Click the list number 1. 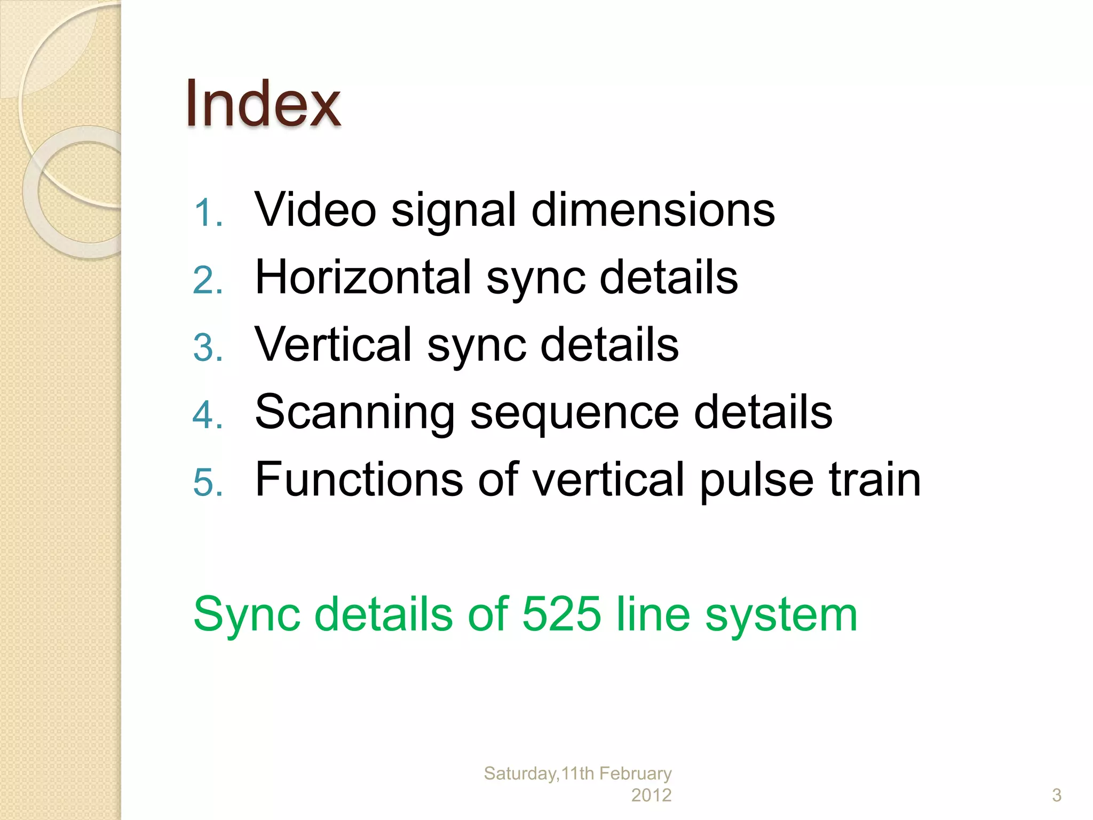[207, 213]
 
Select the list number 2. [207, 280]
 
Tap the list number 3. [207, 348]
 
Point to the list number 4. [207, 415]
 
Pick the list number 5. [207, 482]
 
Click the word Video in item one [315, 210]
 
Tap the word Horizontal [363, 277]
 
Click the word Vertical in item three [333, 344]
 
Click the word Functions [359, 479]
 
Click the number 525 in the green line [561, 614]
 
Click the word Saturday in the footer [520, 774]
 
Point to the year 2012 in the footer [651, 795]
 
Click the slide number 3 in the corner [1056, 795]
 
